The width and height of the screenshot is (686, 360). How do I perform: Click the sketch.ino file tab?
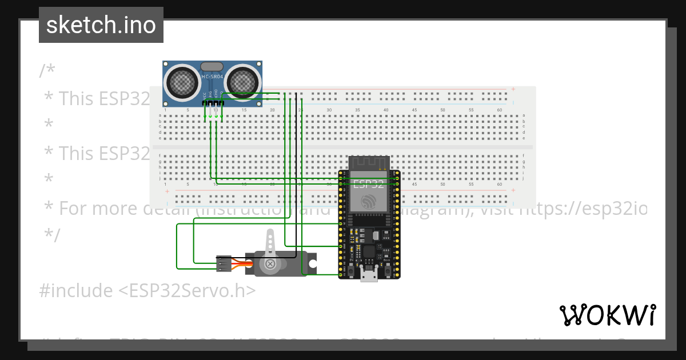[x=101, y=25]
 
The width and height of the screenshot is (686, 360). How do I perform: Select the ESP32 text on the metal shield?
[x=369, y=184]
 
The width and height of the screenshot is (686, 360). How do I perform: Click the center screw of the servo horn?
[x=269, y=264]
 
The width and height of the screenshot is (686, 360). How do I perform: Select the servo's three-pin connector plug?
[x=224, y=263]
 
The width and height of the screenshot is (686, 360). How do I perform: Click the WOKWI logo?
[x=607, y=315]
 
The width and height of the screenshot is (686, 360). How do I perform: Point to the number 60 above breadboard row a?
[x=499, y=110]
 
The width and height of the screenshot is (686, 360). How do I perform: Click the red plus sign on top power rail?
[x=513, y=89]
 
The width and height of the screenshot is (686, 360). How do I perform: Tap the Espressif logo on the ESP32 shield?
[x=369, y=201]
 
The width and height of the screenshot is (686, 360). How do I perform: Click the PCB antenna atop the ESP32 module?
[x=369, y=162]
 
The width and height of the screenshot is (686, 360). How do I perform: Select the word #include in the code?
[x=76, y=291]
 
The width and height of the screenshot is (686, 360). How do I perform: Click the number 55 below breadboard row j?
[x=471, y=185]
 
